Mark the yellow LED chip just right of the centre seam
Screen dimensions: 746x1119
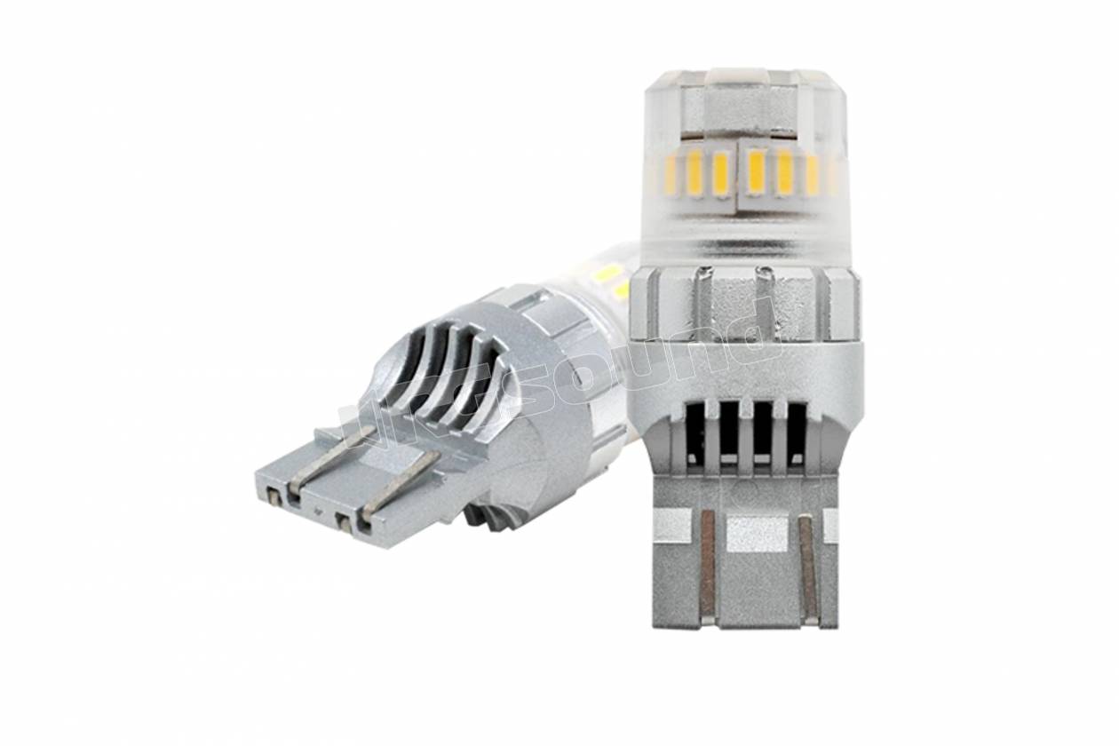point(756,172)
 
